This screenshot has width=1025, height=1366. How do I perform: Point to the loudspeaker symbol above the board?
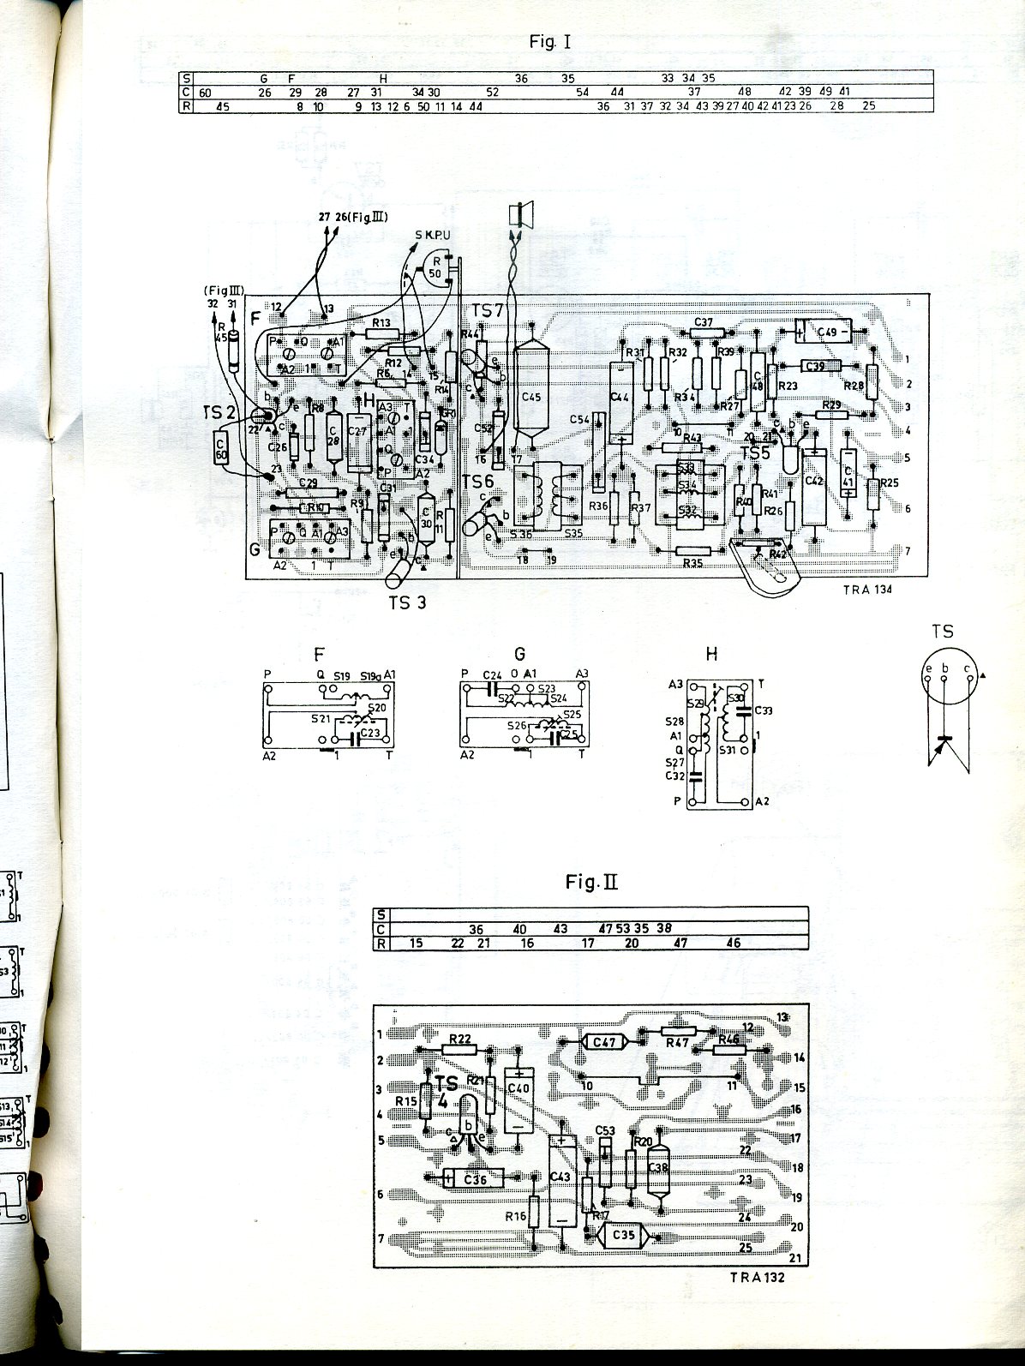(x=518, y=214)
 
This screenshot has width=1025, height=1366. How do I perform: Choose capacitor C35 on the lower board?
(x=625, y=1236)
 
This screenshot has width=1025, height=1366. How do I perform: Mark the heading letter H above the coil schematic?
(x=710, y=656)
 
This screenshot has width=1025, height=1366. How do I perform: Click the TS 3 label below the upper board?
(x=407, y=602)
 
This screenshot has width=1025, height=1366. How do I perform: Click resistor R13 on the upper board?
(x=381, y=333)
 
